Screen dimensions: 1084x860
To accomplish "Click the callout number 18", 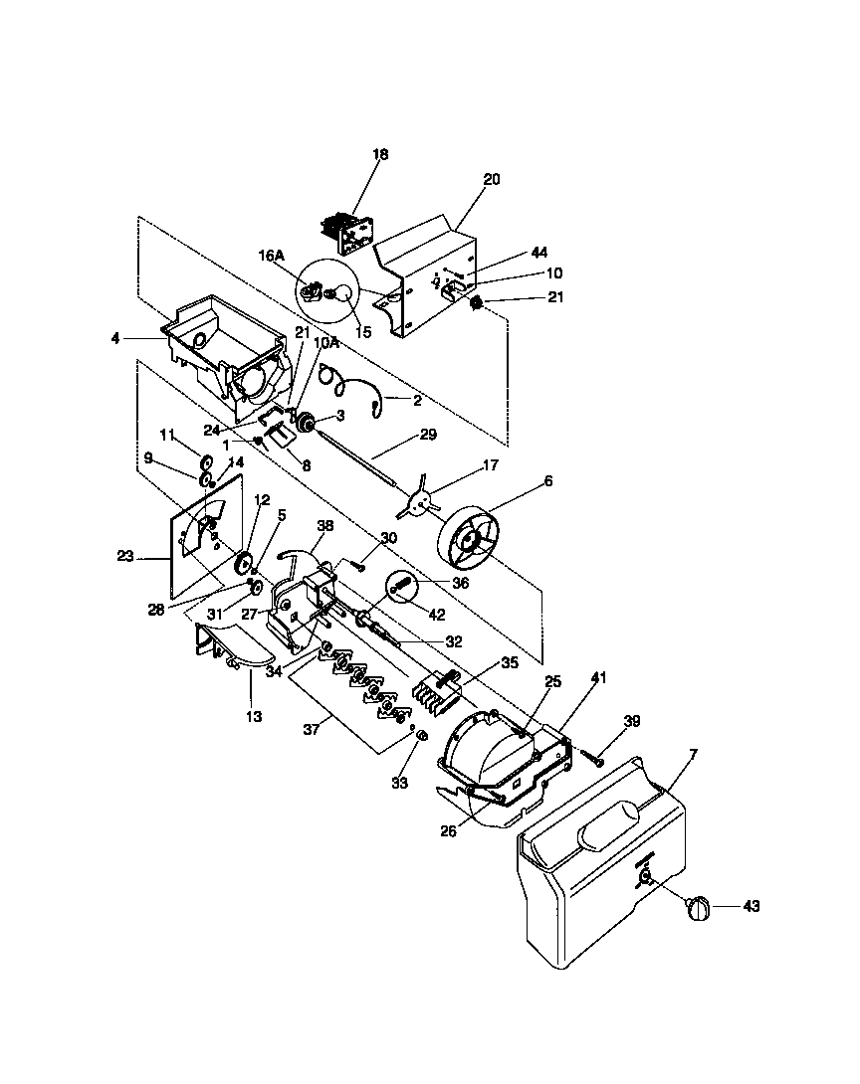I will [x=380, y=154].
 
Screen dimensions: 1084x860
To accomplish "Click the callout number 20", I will [x=492, y=180].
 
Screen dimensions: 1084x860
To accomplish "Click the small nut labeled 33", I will [x=421, y=736].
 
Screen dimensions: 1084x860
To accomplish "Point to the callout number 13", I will [x=254, y=716].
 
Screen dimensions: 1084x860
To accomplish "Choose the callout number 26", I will [x=449, y=830].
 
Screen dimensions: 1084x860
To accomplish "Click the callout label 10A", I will [x=326, y=342].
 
